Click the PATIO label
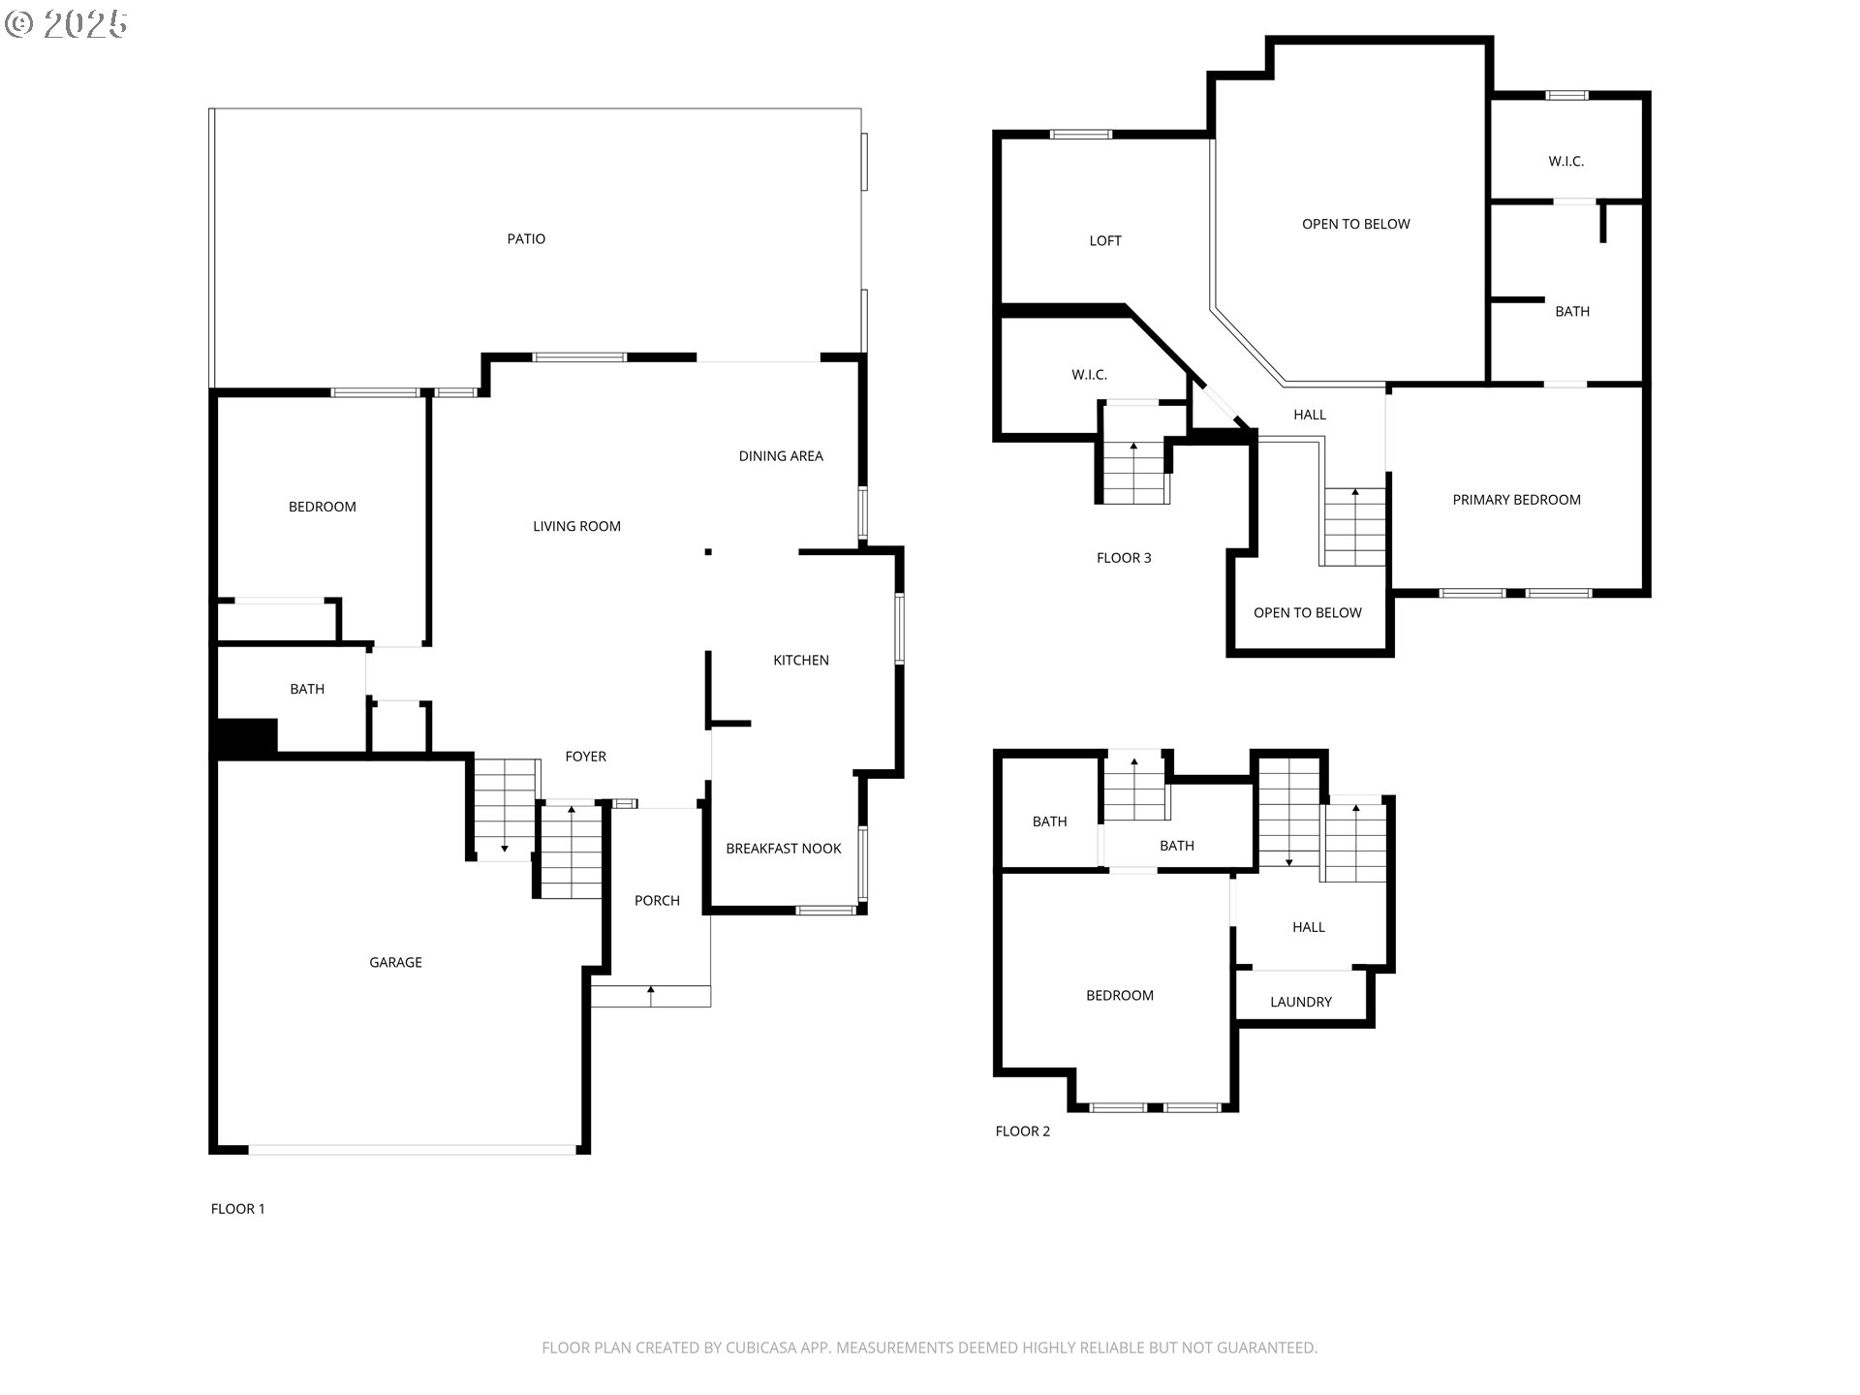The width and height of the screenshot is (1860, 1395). (526, 238)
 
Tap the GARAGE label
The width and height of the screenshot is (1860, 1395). (395, 962)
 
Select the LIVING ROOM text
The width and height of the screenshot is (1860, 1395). (576, 526)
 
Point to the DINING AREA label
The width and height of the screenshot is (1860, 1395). (781, 455)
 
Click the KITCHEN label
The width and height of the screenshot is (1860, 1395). (800, 660)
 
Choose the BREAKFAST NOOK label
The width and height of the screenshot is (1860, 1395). (783, 848)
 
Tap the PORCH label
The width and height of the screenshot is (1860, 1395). (657, 900)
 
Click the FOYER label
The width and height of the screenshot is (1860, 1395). (585, 756)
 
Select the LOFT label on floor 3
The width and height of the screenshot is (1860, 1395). (1104, 240)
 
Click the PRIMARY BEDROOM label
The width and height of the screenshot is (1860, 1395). (1516, 499)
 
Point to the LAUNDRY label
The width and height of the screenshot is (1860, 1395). (1300, 1002)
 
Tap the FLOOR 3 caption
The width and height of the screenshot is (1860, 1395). (1124, 557)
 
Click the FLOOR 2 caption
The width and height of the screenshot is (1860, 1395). (1022, 1131)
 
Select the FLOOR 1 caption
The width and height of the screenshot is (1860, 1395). (237, 1208)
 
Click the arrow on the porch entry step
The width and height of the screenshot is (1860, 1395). (651, 991)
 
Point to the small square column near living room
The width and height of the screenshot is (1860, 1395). (708, 551)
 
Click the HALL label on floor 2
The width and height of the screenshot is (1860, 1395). (1308, 926)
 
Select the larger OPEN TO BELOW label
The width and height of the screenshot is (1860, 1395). (1355, 224)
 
